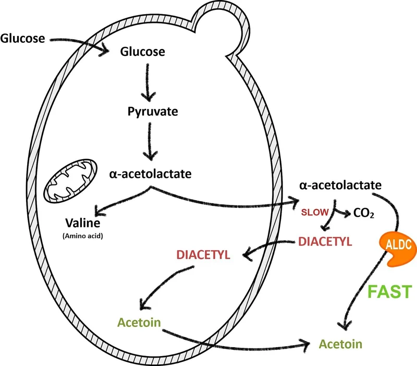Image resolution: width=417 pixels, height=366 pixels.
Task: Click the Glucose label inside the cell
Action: click(142, 52)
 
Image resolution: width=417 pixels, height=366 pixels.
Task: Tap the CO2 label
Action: click(363, 214)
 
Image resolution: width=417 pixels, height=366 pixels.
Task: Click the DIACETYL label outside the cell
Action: click(325, 241)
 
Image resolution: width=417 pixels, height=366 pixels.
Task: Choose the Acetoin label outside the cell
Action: click(341, 344)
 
